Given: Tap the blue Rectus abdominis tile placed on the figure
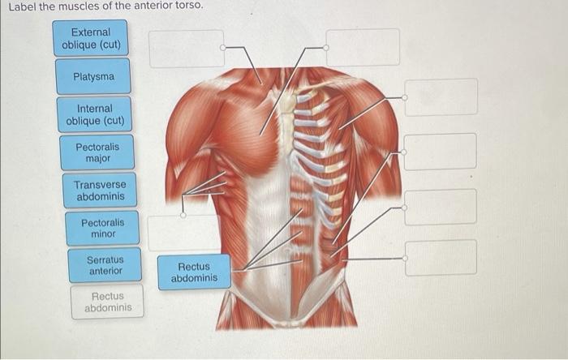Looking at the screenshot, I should pyautogui.click(x=194, y=272).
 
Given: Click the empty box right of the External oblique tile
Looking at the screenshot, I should pyautogui.click(x=186, y=48).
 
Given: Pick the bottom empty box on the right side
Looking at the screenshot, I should pyautogui.click(x=441, y=258).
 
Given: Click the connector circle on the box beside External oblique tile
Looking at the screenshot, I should pyautogui.click(x=223, y=48).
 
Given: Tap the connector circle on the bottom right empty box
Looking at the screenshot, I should pyautogui.click(x=406, y=258).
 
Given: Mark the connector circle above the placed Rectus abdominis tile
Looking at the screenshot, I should pyautogui.click(x=183, y=216).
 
